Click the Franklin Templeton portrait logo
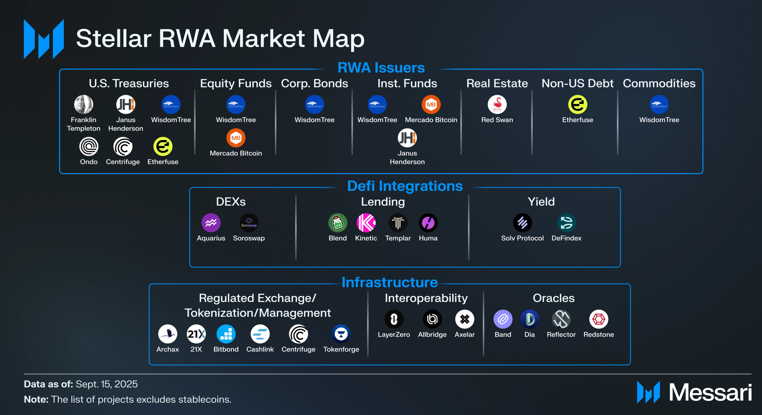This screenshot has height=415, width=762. pyautogui.click(x=84, y=105)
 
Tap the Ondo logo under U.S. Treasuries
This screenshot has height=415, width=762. pyautogui.click(x=89, y=146)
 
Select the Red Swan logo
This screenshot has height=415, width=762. pyautogui.click(x=497, y=105)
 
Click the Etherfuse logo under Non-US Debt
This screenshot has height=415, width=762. pyautogui.click(x=577, y=105)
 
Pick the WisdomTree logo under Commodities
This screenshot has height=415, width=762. pyautogui.click(x=659, y=105)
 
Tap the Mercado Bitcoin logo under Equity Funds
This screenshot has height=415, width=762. pyautogui.click(x=236, y=138)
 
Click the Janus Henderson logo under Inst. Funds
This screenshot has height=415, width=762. pyautogui.click(x=407, y=138)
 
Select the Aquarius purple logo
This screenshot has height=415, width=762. pyautogui.click(x=211, y=223)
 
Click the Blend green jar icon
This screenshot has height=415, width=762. pyautogui.click(x=338, y=223)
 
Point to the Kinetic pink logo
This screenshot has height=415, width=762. pyautogui.click(x=366, y=223)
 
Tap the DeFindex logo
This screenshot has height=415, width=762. pyautogui.click(x=566, y=223)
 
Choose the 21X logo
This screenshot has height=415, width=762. pyautogui.click(x=196, y=334)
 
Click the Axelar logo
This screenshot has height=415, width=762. pyautogui.click(x=465, y=319)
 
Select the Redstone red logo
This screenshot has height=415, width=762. pyautogui.click(x=599, y=319)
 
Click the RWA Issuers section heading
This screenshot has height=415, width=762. pyautogui.click(x=381, y=68)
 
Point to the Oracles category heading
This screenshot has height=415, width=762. pyautogui.click(x=554, y=298)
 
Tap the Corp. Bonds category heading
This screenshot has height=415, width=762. pyautogui.click(x=314, y=83)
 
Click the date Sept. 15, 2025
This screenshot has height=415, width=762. pyautogui.click(x=107, y=384)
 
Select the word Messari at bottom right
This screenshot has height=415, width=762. pyautogui.click(x=710, y=393)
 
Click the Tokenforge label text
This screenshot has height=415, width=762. pyautogui.click(x=341, y=349)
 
